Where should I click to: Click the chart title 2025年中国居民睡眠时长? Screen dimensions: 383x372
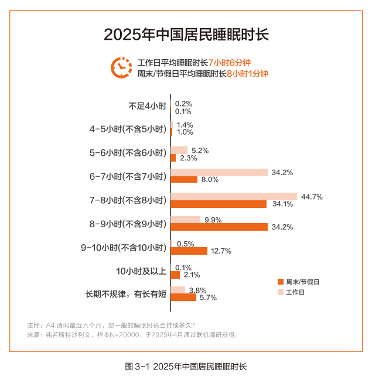pos(186,34)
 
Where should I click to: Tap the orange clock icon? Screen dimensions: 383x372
pos(121,67)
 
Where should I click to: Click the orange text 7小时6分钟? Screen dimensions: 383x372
pos(233,63)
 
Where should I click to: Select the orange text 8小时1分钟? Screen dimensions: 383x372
pos(247,74)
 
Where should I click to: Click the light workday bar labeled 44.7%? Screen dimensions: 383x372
pos(234,197)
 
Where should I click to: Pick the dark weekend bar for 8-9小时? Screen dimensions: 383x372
pos(219,227)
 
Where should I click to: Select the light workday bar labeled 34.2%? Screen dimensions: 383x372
pos(219,172)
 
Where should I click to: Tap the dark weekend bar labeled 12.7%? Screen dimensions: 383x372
pos(189,251)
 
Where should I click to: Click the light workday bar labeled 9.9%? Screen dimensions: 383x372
pos(186,220)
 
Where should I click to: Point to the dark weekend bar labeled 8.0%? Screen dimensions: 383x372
pos(184,180)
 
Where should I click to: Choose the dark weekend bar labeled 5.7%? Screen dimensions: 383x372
pos(183,297)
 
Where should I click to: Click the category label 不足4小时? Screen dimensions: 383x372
pos(148,107)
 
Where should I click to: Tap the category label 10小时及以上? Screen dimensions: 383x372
pos(141,271)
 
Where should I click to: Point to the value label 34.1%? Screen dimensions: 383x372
pos(283,204)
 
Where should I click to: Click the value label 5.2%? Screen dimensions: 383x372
pos(200,151)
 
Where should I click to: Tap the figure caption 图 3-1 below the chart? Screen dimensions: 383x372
pos(186,367)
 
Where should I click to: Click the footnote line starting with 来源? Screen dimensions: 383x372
pos(133,336)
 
